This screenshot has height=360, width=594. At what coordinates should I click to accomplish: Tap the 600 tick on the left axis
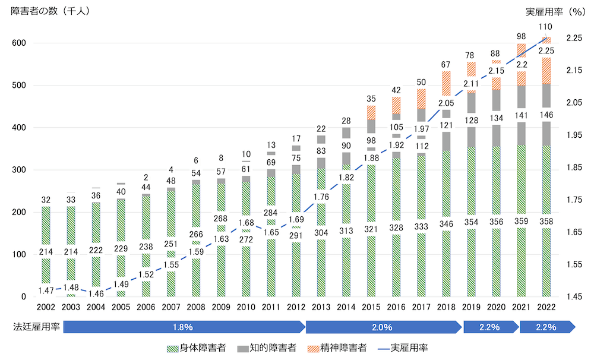coord(18,43)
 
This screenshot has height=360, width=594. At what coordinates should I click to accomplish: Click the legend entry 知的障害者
coord(270,348)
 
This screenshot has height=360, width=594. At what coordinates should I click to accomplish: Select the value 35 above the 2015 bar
coord(371,99)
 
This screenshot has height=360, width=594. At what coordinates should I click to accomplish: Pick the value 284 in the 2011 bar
coord(271,213)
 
